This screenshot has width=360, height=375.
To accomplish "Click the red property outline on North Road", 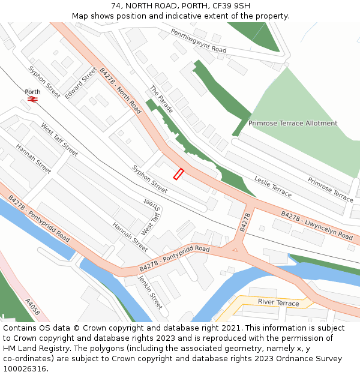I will pyautogui.click(x=178, y=174).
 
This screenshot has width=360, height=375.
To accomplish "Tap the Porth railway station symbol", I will pyautogui.click(x=32, y=100).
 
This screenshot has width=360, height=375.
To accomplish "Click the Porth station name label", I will pyautogui.click(x=32, y=92).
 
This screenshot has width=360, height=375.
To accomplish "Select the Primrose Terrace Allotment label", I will pyautogui.click(x=293, y=124).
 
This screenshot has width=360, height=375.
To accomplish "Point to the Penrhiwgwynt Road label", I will pyautogui.click(x=198, y=41).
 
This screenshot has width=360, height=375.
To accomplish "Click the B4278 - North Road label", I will pyautogui.click(x=120, y=90).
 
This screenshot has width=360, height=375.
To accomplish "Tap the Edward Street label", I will pyautogui.click(x=80, y=83).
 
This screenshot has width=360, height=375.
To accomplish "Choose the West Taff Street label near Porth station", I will pyautogui.click(x=59, y=140).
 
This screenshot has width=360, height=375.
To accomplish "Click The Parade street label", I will pyautogui.click(x=161, y=100).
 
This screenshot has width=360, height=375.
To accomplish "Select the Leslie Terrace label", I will pyautogui.click(x=273, y=187).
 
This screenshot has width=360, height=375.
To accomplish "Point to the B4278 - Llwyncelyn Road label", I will pyautogui.click(x=317, y=225).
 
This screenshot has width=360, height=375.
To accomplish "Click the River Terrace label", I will pyautogui.click(x=278, y=302).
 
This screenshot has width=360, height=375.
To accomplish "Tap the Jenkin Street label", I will pyautogui.click(x=151, y=292).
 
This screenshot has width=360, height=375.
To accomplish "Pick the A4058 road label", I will pyautogui.click(x=32, y=307).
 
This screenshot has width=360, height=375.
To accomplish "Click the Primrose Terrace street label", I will pyautogui.click(x=331, y=189).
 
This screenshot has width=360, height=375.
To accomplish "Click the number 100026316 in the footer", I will pyautogui.click(x=25, y=368).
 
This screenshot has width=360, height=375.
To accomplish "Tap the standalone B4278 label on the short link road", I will pyautogui.click(x=245, y=221).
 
